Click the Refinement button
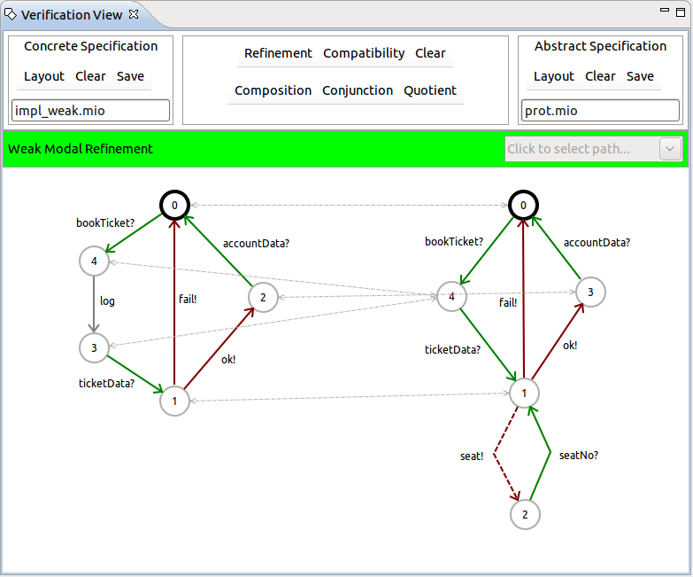278,53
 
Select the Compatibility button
364,53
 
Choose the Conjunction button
358,90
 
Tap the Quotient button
430,90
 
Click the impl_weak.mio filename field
90,111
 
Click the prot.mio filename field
600,111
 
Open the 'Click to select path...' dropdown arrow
670,149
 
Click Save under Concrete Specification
130,76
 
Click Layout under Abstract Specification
554,76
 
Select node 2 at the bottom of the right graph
525,514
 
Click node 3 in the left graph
93,347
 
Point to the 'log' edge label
107,301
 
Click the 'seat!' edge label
472,456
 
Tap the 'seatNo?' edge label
579,456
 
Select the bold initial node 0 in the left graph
175,206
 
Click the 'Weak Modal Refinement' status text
81,149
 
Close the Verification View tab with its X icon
133,15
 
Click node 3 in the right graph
590,291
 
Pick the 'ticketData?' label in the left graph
107,384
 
